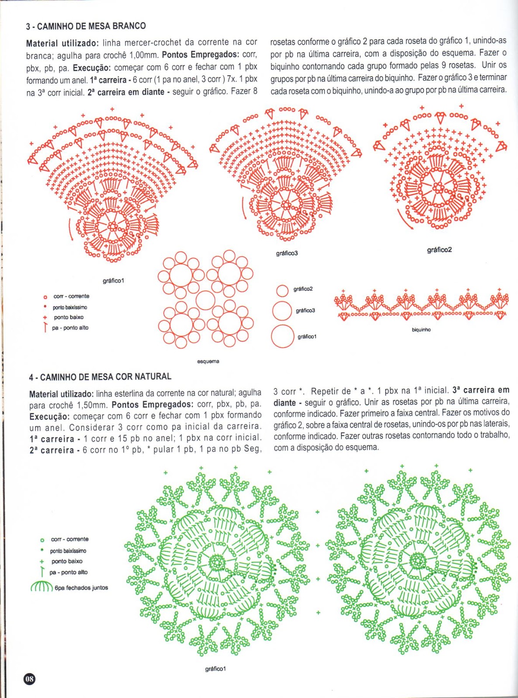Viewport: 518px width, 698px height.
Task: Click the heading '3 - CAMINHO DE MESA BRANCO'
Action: click(86, 26)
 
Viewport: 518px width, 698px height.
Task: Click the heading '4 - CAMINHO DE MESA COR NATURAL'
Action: click(100, 376)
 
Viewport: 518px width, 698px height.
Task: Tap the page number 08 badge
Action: click(29, 679)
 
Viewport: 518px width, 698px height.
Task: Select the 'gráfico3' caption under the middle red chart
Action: click(287, 253)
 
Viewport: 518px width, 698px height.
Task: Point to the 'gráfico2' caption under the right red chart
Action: click(439, 250)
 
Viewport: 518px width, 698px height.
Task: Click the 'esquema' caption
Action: click(208, 361)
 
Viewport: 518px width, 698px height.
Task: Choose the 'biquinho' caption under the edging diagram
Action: click(421, 330)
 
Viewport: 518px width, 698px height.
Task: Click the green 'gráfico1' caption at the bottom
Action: click(215, 669)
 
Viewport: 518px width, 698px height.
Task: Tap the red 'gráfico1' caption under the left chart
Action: click(114, 281)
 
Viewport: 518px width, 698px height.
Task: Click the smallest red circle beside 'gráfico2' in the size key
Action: click(283, 291)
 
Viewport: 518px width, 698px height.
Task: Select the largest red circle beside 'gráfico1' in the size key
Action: click(283, 336)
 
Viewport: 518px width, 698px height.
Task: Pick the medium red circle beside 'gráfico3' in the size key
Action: click(282, 311)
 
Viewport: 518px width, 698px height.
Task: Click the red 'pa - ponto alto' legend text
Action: click(70, 328)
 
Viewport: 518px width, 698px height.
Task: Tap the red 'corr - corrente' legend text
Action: click(71, 296)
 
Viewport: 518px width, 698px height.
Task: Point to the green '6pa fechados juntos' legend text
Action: click(81, 588)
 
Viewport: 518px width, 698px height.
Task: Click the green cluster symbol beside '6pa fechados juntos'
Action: click(41, 587)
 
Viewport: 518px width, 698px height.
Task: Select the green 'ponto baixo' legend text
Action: click(67, 561)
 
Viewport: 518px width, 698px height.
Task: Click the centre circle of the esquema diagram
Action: click(205, 300)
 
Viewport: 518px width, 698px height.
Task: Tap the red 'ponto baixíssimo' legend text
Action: click(70, 307)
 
